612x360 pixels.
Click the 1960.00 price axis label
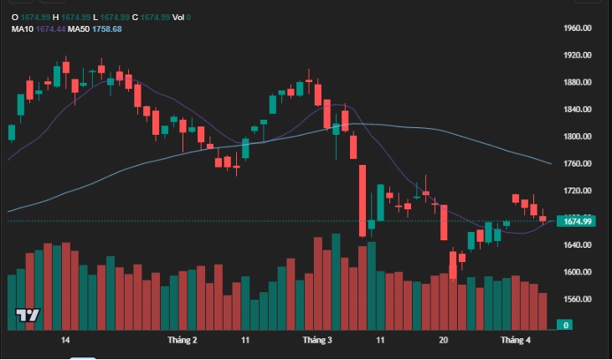click(579, 28)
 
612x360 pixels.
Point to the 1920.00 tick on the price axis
click(579, 55)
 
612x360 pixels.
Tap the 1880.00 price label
click(579, 82)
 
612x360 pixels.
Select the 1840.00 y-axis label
click(579, 110)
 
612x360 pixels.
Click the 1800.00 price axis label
click(579, 136)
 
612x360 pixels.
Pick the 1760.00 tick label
click(579, 164)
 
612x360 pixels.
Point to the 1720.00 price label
click(579, 191)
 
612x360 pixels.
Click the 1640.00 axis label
click(579, 245)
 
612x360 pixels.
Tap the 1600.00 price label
click(579, 272)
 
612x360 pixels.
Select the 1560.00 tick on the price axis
click(579, 300)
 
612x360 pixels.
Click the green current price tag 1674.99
click(578, 221)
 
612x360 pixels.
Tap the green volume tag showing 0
click(566, 325)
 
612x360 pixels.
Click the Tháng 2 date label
click(183, 341)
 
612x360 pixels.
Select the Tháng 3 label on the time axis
click(317, 341)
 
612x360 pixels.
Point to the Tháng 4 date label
click(516, 341)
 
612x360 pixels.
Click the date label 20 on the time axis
click(444, 341)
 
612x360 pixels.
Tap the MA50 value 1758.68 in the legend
click(106, 28)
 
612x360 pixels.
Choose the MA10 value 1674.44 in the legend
click(50, 28)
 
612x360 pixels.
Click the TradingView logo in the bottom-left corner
click(28, 316)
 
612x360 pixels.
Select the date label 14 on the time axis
click(65, 341)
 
